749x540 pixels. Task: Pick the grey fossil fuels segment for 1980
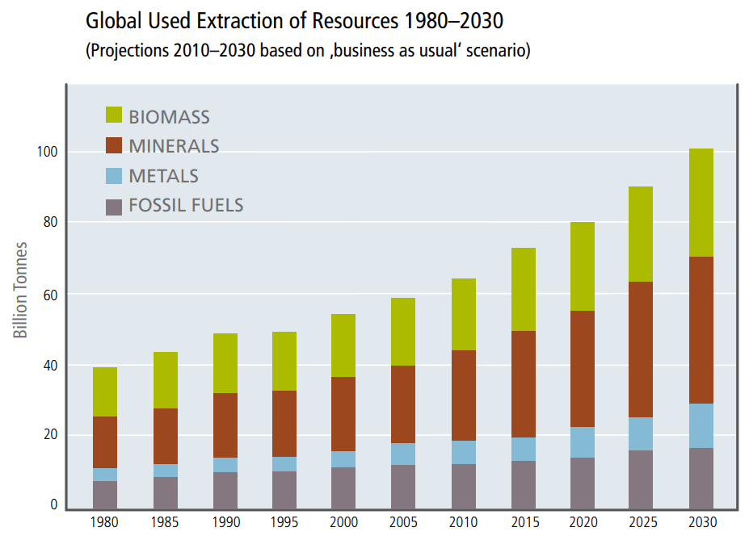click(x=105, y=495)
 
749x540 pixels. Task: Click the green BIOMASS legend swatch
click(x=114, y=115)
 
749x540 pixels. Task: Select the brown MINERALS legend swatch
click(x=114, y=145)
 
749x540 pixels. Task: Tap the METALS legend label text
click(x=163, y=175)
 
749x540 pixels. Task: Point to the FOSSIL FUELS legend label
click(x=186, y=205)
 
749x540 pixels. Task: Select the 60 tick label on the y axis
click(x=49, y=294)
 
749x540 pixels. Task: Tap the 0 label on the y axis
click(x=54, y=505)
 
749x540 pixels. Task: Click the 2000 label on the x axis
click(x=344, y=523)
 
